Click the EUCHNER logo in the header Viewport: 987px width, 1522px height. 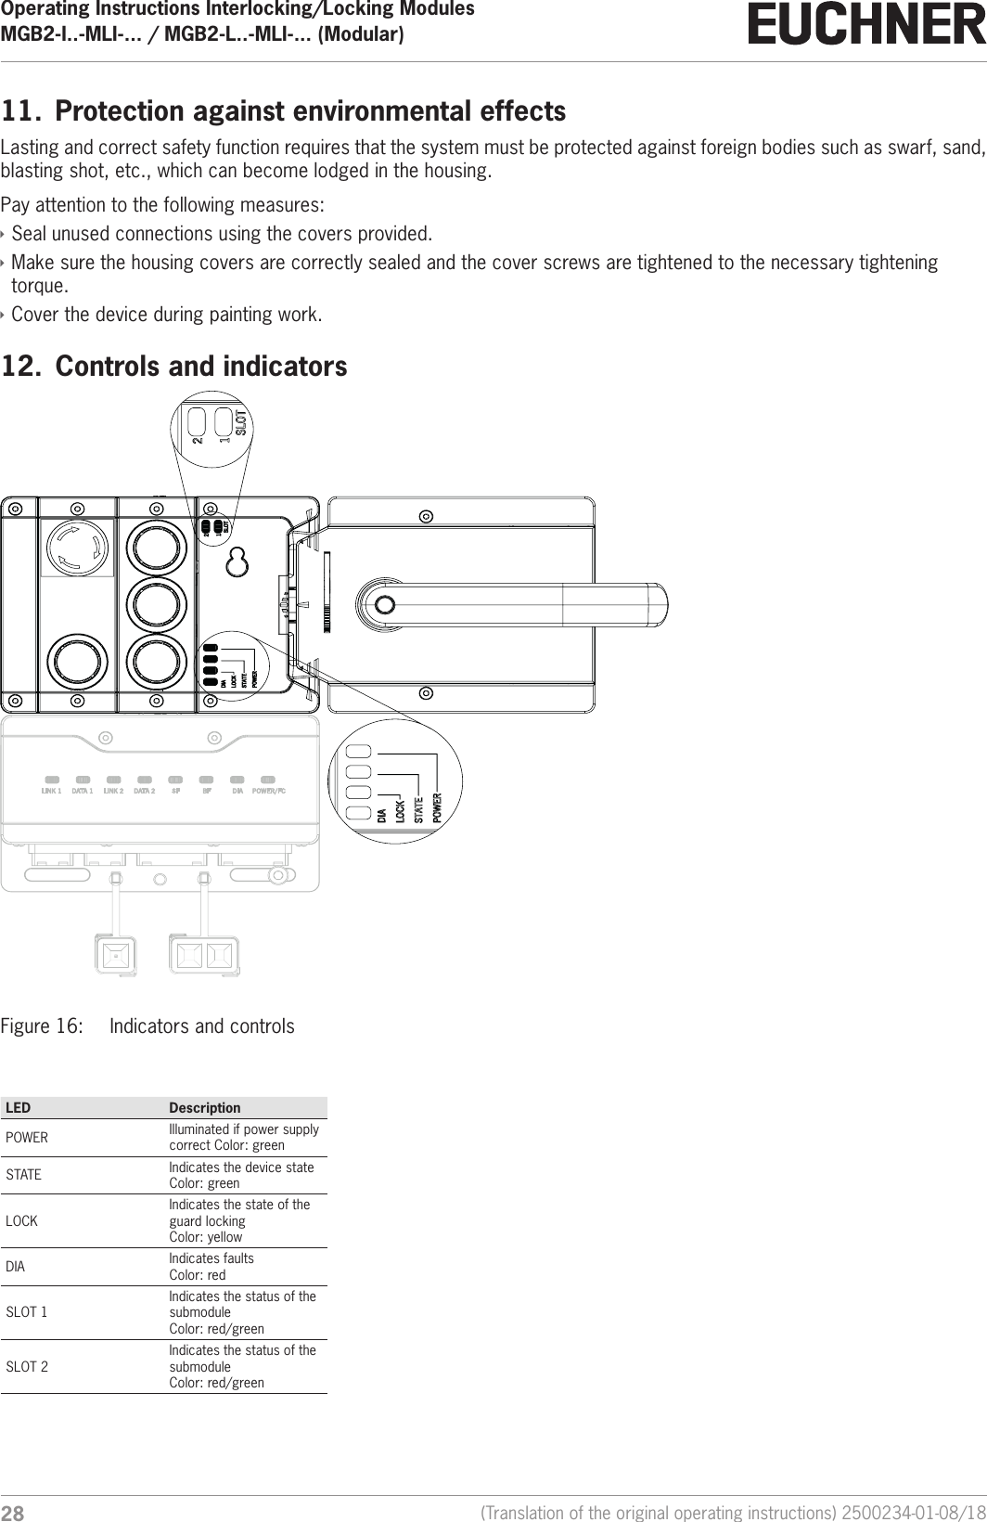(866, 25)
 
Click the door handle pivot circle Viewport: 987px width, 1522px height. (384, 605)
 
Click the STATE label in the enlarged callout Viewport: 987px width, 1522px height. (418, 810)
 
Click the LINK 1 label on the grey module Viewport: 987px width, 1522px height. (51, 792)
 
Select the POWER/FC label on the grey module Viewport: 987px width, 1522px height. (269, 792)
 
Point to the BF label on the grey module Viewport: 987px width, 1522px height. (207, 792)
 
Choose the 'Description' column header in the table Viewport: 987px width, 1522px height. (204, 1108)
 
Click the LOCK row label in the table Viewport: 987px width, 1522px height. (22, 1221)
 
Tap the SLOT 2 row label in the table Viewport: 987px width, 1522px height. (28, 1367)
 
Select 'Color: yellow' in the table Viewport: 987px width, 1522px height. (205, 1237)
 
